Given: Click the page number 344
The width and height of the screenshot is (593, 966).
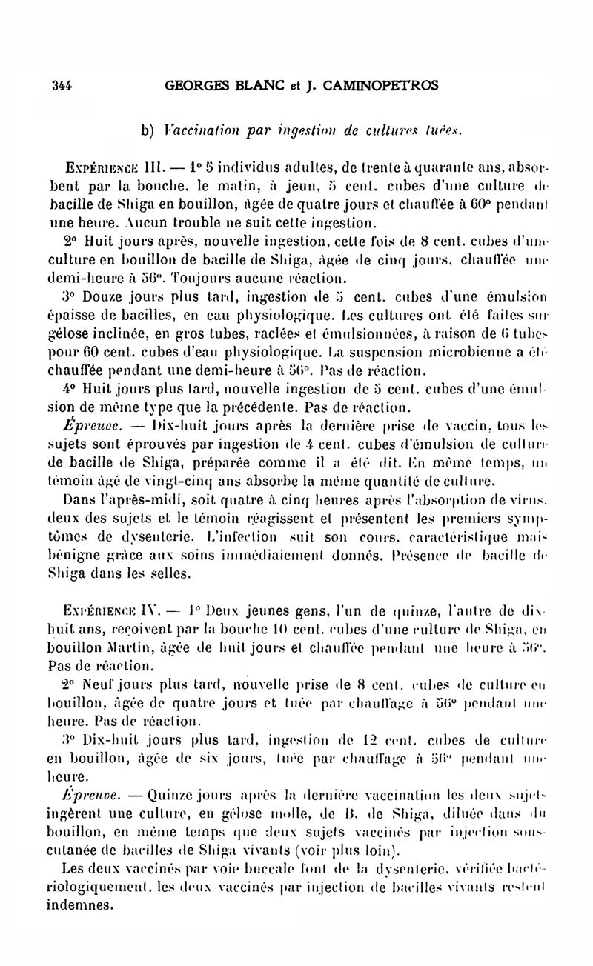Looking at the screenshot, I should (x=61, y=85).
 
